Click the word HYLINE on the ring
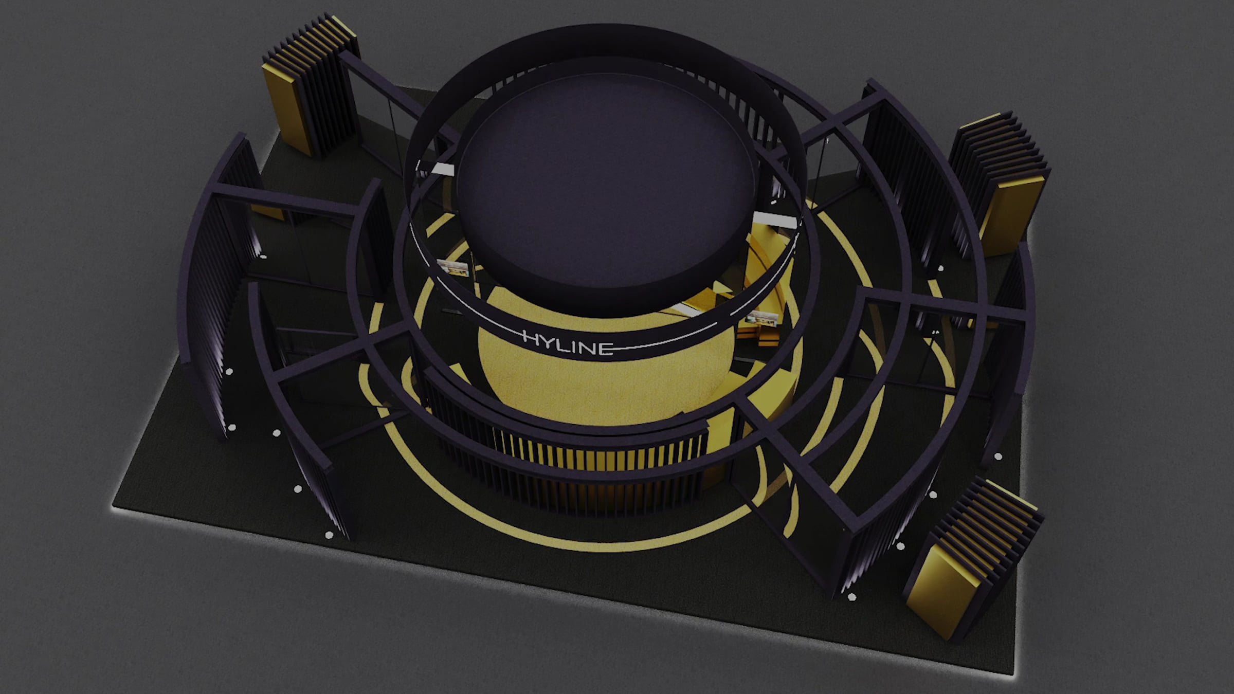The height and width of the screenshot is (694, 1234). tap(568, 343)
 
